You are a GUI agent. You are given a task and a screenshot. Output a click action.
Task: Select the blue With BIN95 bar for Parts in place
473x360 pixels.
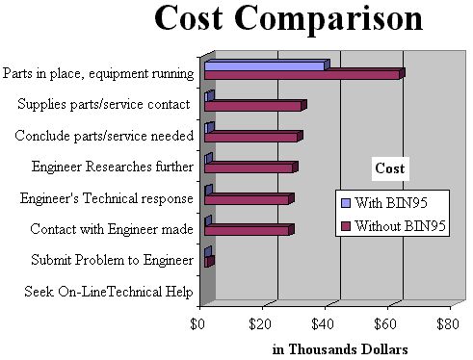[266, 65]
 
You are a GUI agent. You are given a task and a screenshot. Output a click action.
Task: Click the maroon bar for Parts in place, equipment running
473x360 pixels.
[302, 74]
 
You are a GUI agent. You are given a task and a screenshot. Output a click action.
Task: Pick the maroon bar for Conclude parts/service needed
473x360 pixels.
[251, 138]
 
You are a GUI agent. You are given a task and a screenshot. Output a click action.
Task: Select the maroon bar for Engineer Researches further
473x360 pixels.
[250, 168]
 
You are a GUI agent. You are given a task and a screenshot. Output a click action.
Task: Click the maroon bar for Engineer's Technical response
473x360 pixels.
[248, 199]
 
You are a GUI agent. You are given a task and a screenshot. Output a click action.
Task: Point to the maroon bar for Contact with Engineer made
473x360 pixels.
[248, 231]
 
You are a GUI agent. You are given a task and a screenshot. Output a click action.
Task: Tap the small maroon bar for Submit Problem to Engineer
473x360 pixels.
[209, 261]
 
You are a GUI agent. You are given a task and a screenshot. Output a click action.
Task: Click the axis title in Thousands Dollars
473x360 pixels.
[327, 348]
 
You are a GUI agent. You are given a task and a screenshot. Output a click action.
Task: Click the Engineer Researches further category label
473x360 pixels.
[112, 167]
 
